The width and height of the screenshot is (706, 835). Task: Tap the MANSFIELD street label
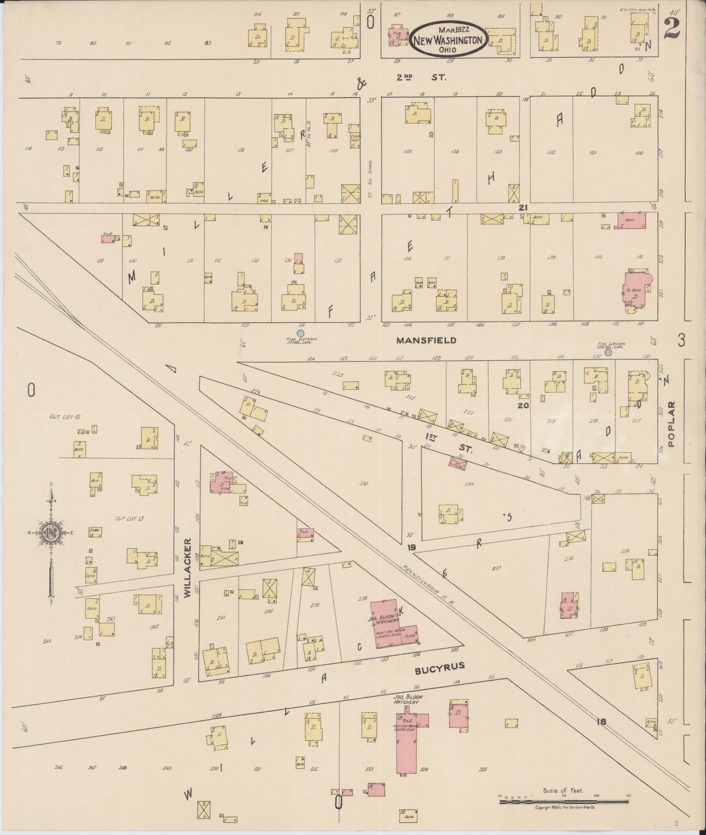(427, 341)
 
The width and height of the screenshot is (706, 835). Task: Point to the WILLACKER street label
(187, 568)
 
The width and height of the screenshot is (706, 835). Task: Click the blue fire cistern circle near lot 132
(608, 353)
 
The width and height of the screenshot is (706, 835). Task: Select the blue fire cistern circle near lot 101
(300, 333)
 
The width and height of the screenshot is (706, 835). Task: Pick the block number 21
(523, 208)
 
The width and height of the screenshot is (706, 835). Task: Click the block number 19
(412, 548)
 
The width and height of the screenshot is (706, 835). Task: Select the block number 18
(601, 721)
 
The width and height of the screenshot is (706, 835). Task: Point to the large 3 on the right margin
(682, 341)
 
